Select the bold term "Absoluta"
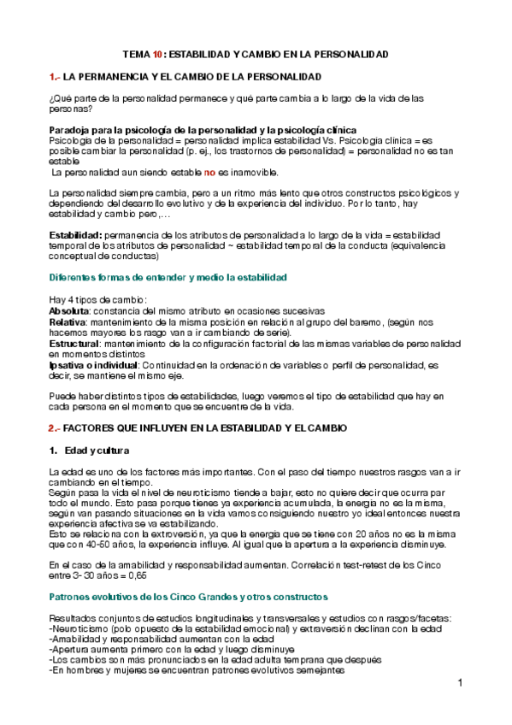pyautogui.click(x=71, y=310)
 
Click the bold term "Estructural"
pyautogui.click(x=74, y=343)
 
